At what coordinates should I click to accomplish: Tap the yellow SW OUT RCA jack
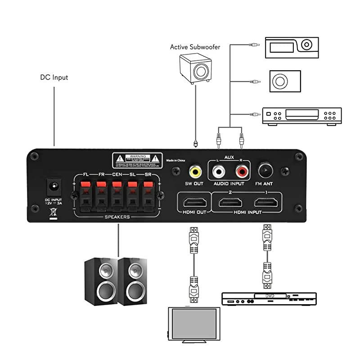tap(195, 171)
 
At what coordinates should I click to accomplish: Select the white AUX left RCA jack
tap(219, 171)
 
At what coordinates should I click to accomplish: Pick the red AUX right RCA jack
tap(241, 171)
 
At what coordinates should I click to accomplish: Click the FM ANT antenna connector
tap(265, 171)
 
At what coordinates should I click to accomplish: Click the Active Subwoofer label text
tap(195, 47)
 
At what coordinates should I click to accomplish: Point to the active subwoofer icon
tap(195, 68)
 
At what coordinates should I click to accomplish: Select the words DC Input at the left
tap(54, 77)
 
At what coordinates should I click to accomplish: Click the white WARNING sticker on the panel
tap(137, 160)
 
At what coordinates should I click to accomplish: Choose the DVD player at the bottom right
tap(269, 299)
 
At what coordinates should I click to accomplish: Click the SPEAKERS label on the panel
tap(117, 217)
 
